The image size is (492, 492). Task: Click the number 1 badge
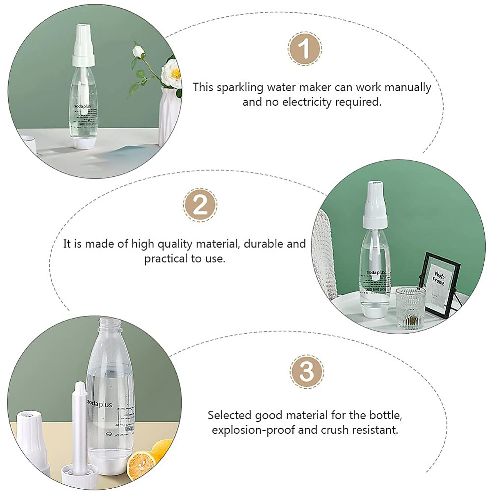coord(305,49)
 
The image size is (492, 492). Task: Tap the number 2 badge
coord(200,204)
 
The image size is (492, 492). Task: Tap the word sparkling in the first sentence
coord(237,87)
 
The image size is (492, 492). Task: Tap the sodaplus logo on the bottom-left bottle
coord(100,404)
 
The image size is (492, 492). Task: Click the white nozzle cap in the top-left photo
coord(87,45)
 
